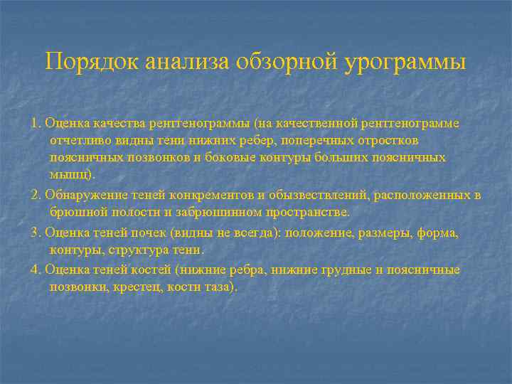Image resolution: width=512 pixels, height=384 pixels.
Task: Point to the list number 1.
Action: pos(36,123)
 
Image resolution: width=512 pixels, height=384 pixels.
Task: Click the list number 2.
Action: pos(36,195)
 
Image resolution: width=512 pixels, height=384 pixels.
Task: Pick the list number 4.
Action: pos(36,270)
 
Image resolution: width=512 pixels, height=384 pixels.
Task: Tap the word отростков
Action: pos(376,140)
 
